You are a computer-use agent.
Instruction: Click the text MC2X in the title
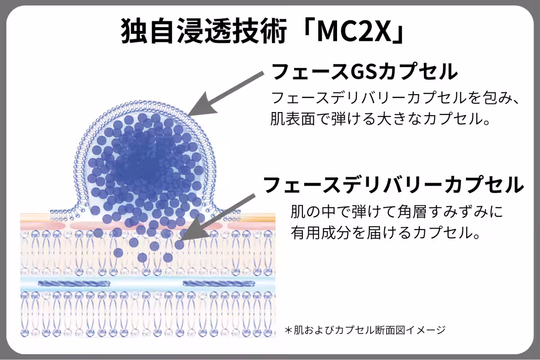coord(354,31)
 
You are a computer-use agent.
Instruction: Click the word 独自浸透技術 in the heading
coord(204,31)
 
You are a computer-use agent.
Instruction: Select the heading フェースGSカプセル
coord(364,72)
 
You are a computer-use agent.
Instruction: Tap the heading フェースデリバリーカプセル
coord(393,184)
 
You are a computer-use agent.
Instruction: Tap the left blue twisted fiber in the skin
coord(74,283)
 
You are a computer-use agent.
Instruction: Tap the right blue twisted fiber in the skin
coord(219,283)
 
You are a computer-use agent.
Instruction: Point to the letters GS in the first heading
coord(364,72)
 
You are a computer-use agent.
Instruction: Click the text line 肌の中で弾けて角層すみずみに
coord(396,211)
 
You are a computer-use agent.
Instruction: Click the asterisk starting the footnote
coord(288,330)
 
